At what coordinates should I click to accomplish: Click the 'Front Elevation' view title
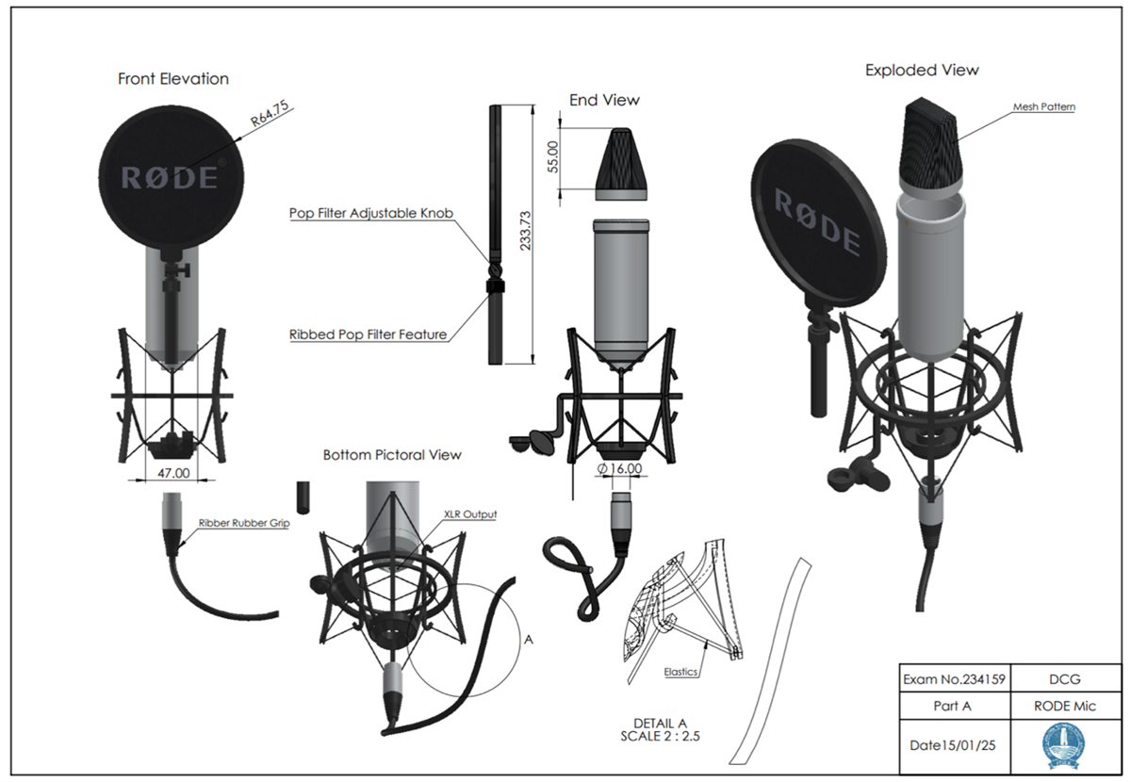[172, 79]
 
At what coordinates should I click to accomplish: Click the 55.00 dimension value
[554, 156]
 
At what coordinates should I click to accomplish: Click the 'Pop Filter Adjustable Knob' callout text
[371, 214]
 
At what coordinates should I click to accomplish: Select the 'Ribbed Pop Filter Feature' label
[368, 334]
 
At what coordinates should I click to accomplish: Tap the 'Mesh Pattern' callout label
[1044, 107]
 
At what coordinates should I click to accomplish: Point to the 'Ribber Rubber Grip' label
[243, 522]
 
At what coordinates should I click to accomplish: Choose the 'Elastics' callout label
[679, 672]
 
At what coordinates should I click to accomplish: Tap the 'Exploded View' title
[922, 71]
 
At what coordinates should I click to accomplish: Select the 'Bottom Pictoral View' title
[392, 455]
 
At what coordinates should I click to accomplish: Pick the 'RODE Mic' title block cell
[1064, 706]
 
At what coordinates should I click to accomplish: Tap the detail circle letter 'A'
[528, 639]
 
